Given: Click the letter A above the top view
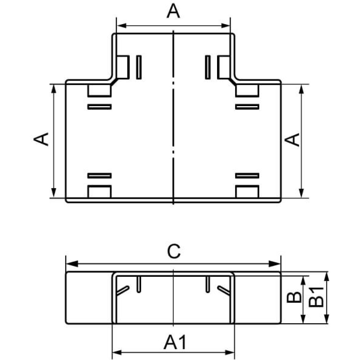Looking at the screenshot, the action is coord(174,11).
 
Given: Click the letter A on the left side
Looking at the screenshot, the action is coord(41,139).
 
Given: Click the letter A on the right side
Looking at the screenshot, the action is coord(292,140).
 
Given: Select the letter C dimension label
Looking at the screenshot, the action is coord(174,251).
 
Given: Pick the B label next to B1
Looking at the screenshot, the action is coord(294,297).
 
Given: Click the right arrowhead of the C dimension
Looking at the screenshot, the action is coord(275,264).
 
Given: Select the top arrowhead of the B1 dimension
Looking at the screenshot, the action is coord(327,276).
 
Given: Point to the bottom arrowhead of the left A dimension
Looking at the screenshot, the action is coord(54,193).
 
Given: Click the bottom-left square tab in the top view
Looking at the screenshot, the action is coord(99,192).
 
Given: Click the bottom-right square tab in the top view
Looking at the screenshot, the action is coord(247,192).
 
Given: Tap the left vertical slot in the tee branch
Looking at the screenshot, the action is coord(139,67).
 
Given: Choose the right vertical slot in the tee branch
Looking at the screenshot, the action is coord(208,67).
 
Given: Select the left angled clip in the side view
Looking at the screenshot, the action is coord(123,290).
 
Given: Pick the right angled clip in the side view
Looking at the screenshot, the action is coord(224,290).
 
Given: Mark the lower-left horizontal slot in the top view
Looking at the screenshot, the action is coord(99,176).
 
